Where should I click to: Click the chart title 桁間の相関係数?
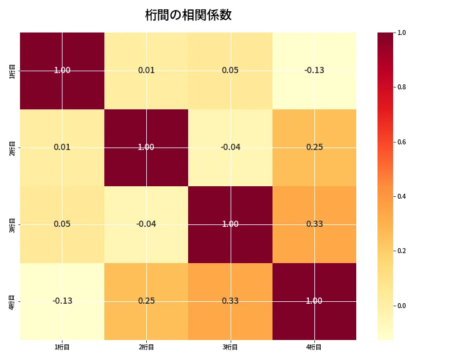188,15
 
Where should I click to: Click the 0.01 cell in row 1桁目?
146,70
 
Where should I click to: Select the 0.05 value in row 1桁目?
230,70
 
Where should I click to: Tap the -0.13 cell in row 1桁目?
314,70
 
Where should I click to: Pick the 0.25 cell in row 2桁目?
314,147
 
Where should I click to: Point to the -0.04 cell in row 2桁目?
230,147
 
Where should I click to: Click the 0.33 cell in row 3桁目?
314,224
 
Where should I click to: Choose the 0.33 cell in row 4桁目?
230,301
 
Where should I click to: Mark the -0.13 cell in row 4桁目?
62,301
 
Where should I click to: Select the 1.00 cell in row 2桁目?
146,147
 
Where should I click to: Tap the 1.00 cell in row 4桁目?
314,301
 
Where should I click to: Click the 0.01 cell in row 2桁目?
62,147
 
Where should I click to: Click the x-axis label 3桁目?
230,347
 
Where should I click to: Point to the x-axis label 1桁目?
62,347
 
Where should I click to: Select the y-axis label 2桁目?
12,147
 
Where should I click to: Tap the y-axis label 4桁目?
12,301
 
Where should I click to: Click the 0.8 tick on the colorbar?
402,87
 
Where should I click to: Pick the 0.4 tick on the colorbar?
402,196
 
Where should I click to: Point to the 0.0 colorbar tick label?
402,306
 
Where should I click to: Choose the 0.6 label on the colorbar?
402,142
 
